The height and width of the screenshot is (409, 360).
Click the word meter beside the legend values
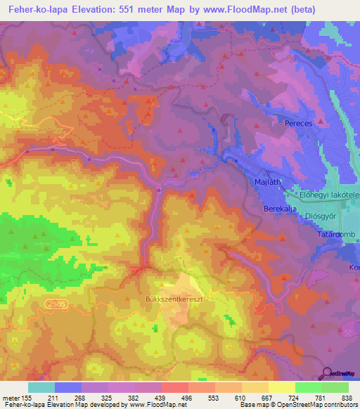pyautogui.click(x=11, y=397)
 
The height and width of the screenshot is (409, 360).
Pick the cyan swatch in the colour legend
pyautogui.click(x=41, y=387)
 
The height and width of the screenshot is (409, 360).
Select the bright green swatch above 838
pyautogui.click(x=335, y=387)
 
